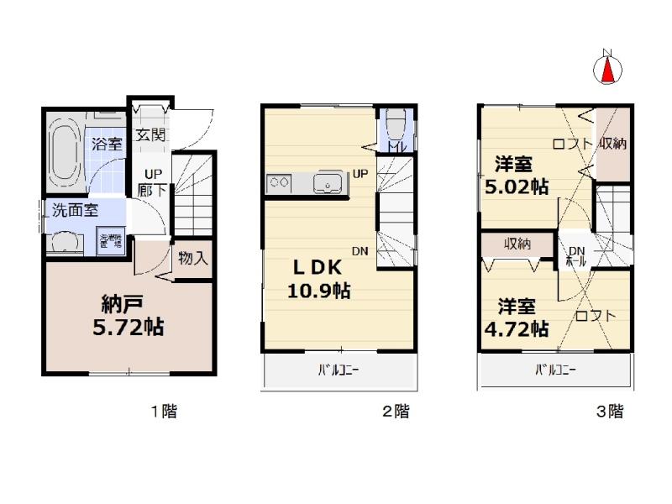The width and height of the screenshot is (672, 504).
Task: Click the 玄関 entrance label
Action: [x=151, y=134]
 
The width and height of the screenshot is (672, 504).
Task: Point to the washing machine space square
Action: [x=110, y=241]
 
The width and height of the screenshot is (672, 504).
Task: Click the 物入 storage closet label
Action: [x=193, y=258]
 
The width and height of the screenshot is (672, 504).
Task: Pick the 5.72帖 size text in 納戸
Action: [x=128, y=325]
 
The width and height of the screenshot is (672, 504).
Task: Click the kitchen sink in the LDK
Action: [x=327, y=182]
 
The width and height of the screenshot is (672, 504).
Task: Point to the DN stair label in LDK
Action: [x=360, y=250]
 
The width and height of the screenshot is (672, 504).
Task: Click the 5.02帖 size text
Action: [x=517, y=186]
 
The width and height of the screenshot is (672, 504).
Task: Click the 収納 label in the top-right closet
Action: [x=612, y=143]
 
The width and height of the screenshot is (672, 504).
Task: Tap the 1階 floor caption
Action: [x=163, y=412]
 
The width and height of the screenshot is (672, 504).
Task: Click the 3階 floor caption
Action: [x=610, y=412]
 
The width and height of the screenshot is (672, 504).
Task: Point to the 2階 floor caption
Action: [x=396, y=412]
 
